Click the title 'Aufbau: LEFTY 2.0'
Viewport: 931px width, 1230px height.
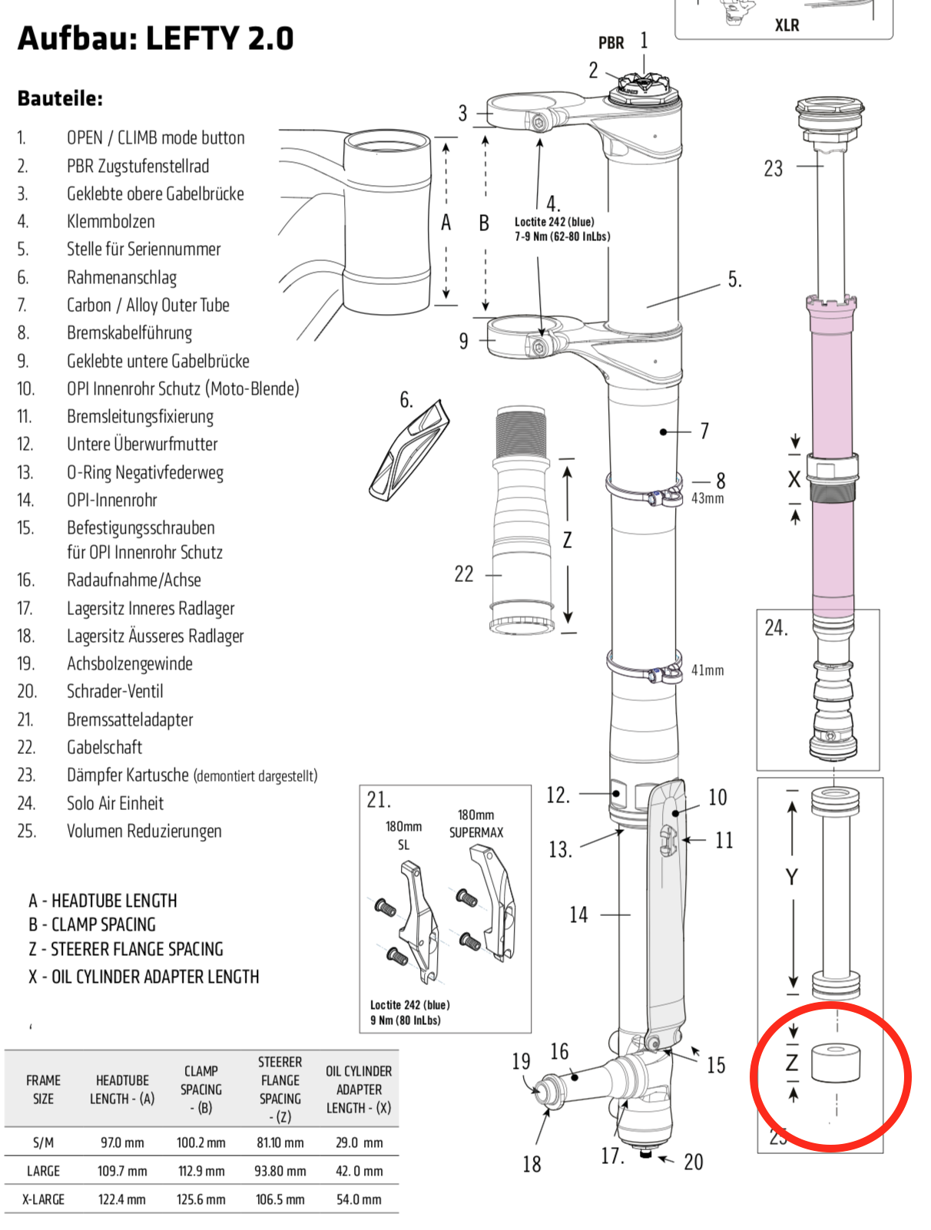155,38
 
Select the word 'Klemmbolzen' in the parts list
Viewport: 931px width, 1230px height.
111,222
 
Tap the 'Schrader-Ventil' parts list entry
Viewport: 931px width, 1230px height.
114,692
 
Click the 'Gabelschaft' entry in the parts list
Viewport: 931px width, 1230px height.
104,748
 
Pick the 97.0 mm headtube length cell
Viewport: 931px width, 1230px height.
122,1142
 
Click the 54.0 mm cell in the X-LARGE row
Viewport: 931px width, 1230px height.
359,1199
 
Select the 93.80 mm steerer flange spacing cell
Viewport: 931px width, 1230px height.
280,1171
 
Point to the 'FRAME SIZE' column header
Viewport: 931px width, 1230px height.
43,1089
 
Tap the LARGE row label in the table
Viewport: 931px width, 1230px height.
43,1171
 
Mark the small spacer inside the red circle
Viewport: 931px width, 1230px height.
835,1063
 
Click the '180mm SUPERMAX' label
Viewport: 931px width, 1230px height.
476,824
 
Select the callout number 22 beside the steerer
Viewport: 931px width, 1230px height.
464,574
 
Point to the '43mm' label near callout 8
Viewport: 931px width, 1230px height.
707,498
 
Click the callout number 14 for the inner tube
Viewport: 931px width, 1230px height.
578,915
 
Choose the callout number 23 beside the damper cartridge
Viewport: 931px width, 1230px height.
773,169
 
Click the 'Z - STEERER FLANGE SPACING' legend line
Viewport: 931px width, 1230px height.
126,950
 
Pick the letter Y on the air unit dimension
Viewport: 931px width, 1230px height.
791,878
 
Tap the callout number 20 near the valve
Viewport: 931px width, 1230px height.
693,1162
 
